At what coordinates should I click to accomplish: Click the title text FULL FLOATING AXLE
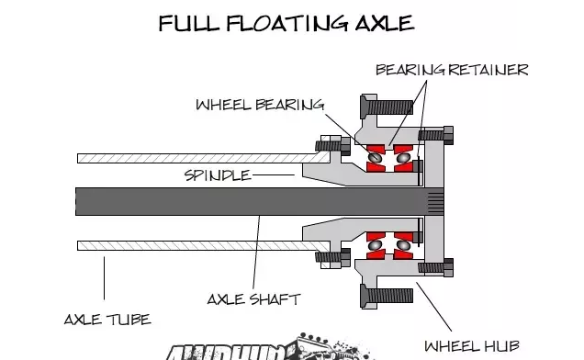pos(286,22)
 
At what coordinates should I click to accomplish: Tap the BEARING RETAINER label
pos(451,69)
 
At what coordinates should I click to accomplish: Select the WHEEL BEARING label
pos(260,104)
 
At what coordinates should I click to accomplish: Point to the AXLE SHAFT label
pos(253,299)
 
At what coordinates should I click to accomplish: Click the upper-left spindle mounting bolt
pos(328,144)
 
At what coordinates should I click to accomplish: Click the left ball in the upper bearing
pos(375,158)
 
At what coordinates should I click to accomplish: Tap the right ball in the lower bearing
pos(401,244)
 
